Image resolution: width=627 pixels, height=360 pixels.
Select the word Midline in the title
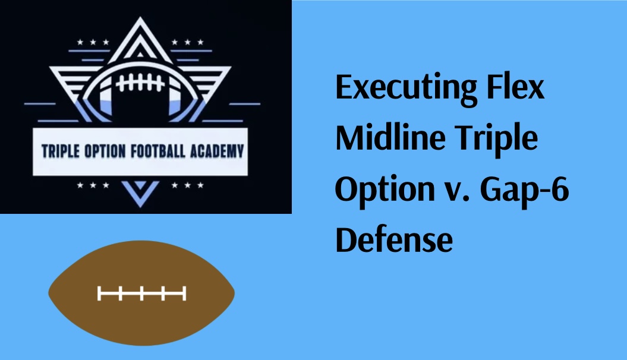pos(390,137)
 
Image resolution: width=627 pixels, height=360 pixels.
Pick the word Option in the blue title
pos(385,190)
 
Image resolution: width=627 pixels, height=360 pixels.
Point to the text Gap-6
pos(524,190)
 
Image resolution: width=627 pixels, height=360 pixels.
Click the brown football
pos(141,293)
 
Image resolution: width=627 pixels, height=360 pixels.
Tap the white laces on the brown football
pos(141,293)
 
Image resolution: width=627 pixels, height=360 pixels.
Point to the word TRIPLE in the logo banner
pos(61,151)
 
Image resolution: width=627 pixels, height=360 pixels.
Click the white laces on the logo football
pos(140,83)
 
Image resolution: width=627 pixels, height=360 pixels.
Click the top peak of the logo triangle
pos(140,18)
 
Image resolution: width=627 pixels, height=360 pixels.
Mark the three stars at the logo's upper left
pos(93,42)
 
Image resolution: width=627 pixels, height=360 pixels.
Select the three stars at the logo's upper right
pos(188,42)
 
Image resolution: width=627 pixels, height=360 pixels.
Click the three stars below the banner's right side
pos(188,185)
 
